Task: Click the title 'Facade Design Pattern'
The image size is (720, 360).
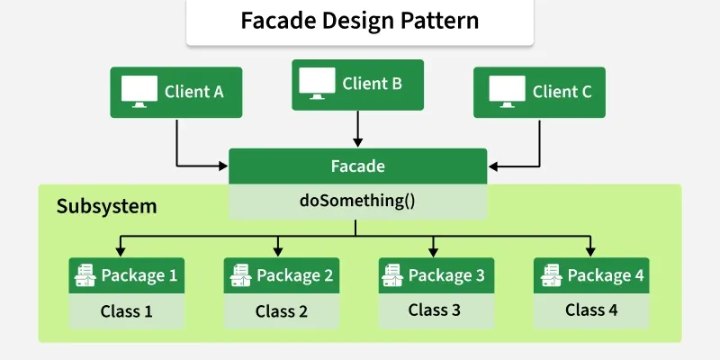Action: [x=359, y=21]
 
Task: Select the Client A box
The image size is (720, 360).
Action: [x=176, y=91]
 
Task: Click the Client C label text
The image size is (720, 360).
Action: [x=562, y=91]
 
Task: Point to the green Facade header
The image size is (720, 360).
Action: [x=357, y=166]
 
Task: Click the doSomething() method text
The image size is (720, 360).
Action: [x=357, y=201]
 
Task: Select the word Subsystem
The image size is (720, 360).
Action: [x=106, y=206]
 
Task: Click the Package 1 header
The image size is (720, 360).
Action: [x=127, y=275]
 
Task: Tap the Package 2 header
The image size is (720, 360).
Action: [x=282, y=275]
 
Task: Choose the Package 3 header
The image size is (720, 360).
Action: [x=436, y=275]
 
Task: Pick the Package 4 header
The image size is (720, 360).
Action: [x=591, y=275]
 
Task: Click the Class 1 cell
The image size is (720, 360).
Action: [x=127, y=311]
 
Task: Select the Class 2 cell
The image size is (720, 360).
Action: [x=282, y=311]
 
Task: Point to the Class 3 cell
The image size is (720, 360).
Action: [x=436, y=310]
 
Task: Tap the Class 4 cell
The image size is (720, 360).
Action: [x=591, y=310]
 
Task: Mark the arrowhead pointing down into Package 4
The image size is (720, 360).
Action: [x=590, y=252]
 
